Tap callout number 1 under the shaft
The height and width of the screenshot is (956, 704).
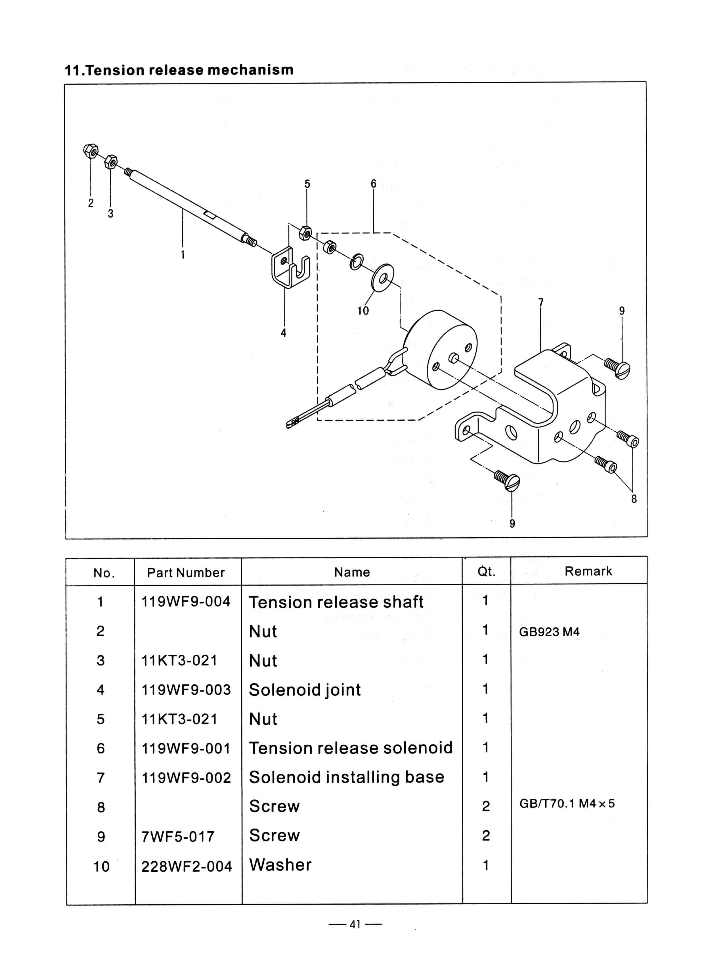183,254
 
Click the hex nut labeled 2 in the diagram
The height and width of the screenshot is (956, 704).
90,151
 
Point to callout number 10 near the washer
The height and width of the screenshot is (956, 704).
363,311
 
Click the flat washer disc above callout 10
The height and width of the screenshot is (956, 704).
382,277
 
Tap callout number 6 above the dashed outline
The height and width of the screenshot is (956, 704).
373,184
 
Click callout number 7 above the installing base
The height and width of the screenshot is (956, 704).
541,302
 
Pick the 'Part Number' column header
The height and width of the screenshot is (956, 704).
186,572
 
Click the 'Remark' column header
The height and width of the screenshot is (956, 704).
588,571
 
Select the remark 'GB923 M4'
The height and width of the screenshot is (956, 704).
549,631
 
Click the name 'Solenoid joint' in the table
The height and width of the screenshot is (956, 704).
305,690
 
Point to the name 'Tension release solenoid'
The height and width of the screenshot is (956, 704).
350,748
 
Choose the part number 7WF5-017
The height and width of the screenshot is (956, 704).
178,837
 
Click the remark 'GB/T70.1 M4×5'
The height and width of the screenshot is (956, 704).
567,803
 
